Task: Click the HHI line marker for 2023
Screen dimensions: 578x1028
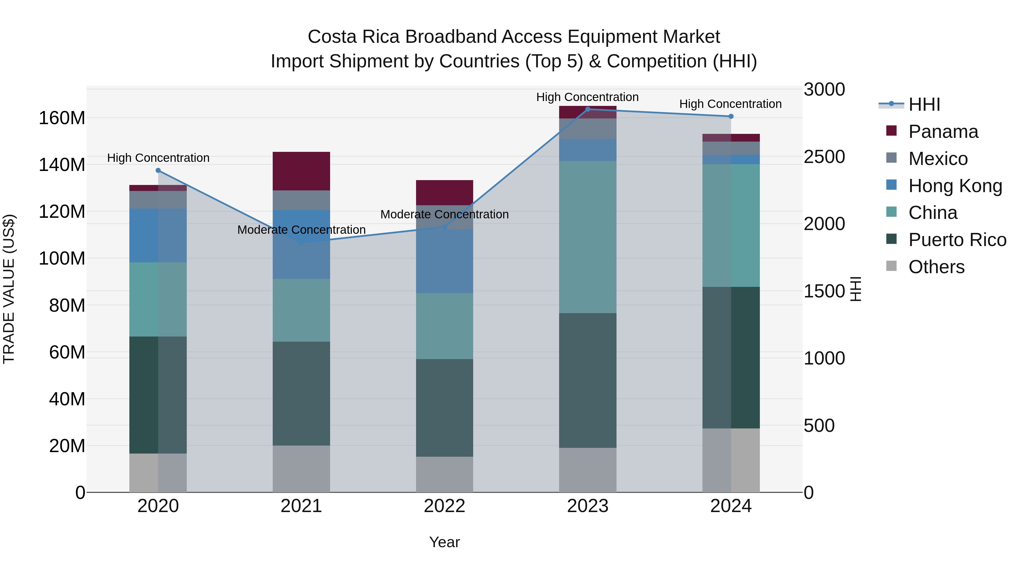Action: coord(587,109)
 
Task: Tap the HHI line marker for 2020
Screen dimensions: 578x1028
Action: coord(158,170)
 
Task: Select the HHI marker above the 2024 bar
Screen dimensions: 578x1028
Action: coord(731,116)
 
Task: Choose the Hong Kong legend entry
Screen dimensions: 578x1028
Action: coord(955,186)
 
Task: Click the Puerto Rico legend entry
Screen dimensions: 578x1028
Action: coord(957,240)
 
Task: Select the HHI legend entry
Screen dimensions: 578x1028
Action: coord(924,104)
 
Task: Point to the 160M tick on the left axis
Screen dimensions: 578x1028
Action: coord(62,118)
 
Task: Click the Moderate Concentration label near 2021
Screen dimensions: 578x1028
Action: coord(301,230)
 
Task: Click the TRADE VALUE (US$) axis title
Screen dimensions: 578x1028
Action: coord(9,289)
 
